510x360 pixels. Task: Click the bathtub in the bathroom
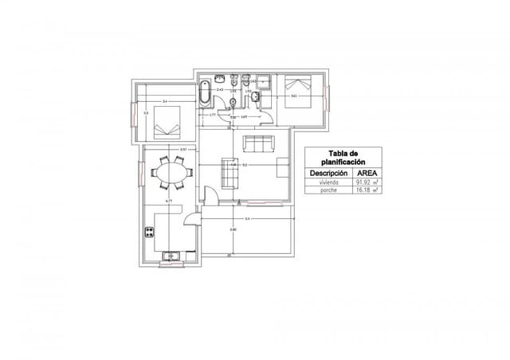point(206,95)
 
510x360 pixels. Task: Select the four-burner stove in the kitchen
point(148,233)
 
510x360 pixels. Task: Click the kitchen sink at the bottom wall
point(171,256)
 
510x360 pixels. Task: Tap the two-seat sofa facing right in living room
point(229,174)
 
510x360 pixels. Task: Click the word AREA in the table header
point(367,172)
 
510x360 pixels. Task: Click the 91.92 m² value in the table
point(367,182)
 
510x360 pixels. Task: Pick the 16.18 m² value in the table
point(367,191)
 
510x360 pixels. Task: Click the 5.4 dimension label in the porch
point(247,218)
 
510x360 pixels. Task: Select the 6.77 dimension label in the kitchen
point(169,202)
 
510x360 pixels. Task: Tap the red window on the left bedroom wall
point(134,113)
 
